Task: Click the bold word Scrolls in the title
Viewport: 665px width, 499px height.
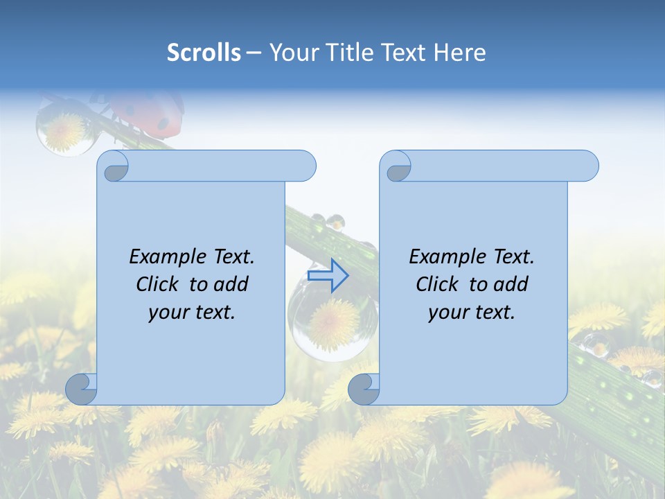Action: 204,52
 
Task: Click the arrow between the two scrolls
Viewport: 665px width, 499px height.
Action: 328,275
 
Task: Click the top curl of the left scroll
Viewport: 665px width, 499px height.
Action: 113,167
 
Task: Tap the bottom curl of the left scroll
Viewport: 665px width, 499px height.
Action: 82,389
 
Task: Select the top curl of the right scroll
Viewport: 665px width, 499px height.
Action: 396,167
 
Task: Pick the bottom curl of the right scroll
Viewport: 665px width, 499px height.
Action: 364,389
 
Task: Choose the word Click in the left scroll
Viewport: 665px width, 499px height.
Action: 159,284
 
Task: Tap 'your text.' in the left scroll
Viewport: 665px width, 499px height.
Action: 192,312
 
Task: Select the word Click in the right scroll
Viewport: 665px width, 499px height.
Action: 437,284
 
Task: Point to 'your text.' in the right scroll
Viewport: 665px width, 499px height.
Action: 472,312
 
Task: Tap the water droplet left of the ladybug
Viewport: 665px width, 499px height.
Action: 63,128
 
